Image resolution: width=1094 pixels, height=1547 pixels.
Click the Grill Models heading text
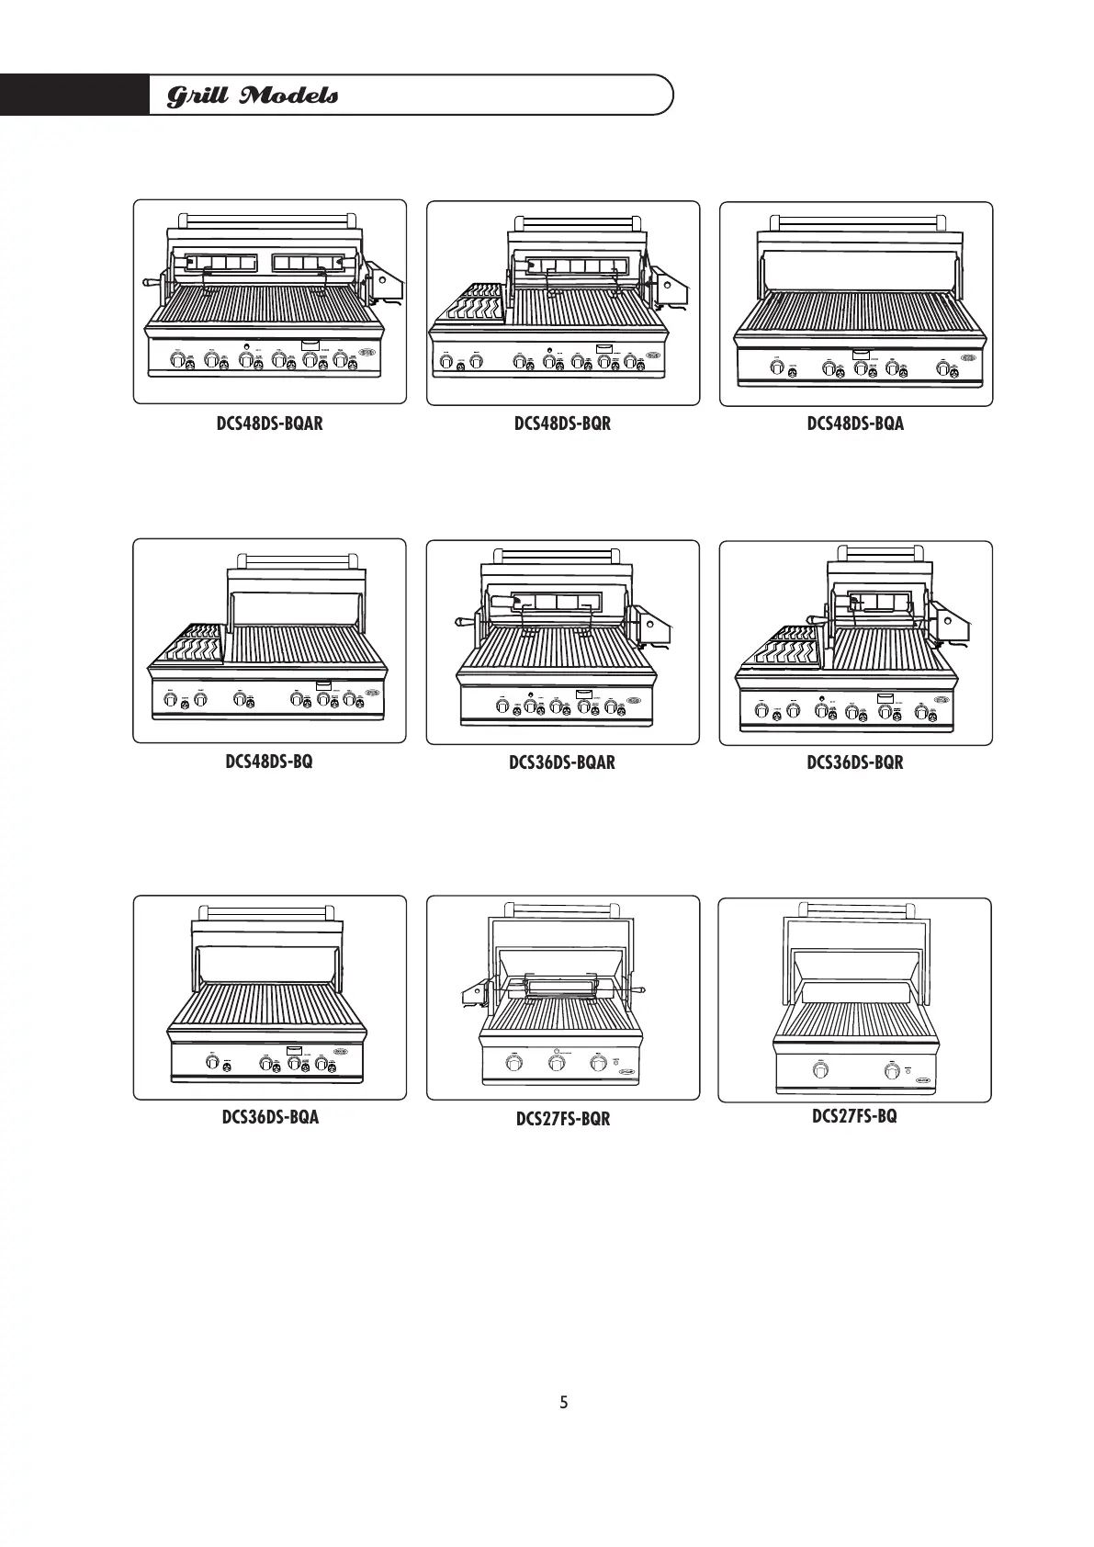point(252,96)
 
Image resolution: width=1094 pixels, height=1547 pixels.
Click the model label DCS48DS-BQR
point(562,423)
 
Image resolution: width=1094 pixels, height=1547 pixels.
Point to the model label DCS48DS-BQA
point(855,423)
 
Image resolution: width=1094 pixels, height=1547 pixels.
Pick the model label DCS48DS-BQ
point(269,762)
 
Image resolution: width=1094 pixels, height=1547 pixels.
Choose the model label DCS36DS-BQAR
point(562,762)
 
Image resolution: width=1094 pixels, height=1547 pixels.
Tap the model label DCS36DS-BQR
point(855,762)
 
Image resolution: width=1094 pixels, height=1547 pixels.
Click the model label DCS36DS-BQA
point(270,1117)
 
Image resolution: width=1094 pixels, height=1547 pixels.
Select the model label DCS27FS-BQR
point(562,1119)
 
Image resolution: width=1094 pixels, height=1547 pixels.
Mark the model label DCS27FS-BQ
point(854,1116)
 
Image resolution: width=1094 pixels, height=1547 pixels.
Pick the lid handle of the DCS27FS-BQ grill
point(855,909)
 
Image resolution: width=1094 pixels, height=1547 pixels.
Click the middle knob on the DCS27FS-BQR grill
point(557,1064)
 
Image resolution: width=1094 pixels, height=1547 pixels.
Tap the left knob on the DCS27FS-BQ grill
point(820,1071)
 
